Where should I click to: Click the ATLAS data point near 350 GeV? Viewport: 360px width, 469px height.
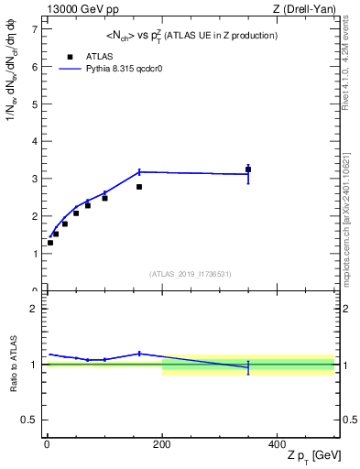pos(248,169)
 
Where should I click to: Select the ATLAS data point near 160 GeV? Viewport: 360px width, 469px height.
pos(139,187)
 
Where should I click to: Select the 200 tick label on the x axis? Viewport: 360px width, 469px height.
pos(162,444)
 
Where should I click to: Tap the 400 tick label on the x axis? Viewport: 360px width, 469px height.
pos(278,444)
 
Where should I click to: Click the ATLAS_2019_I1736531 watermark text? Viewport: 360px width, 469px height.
pos(191,274)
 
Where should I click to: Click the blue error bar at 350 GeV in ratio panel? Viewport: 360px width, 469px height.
pos(248,367)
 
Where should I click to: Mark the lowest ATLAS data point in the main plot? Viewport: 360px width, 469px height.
pos(50,243)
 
